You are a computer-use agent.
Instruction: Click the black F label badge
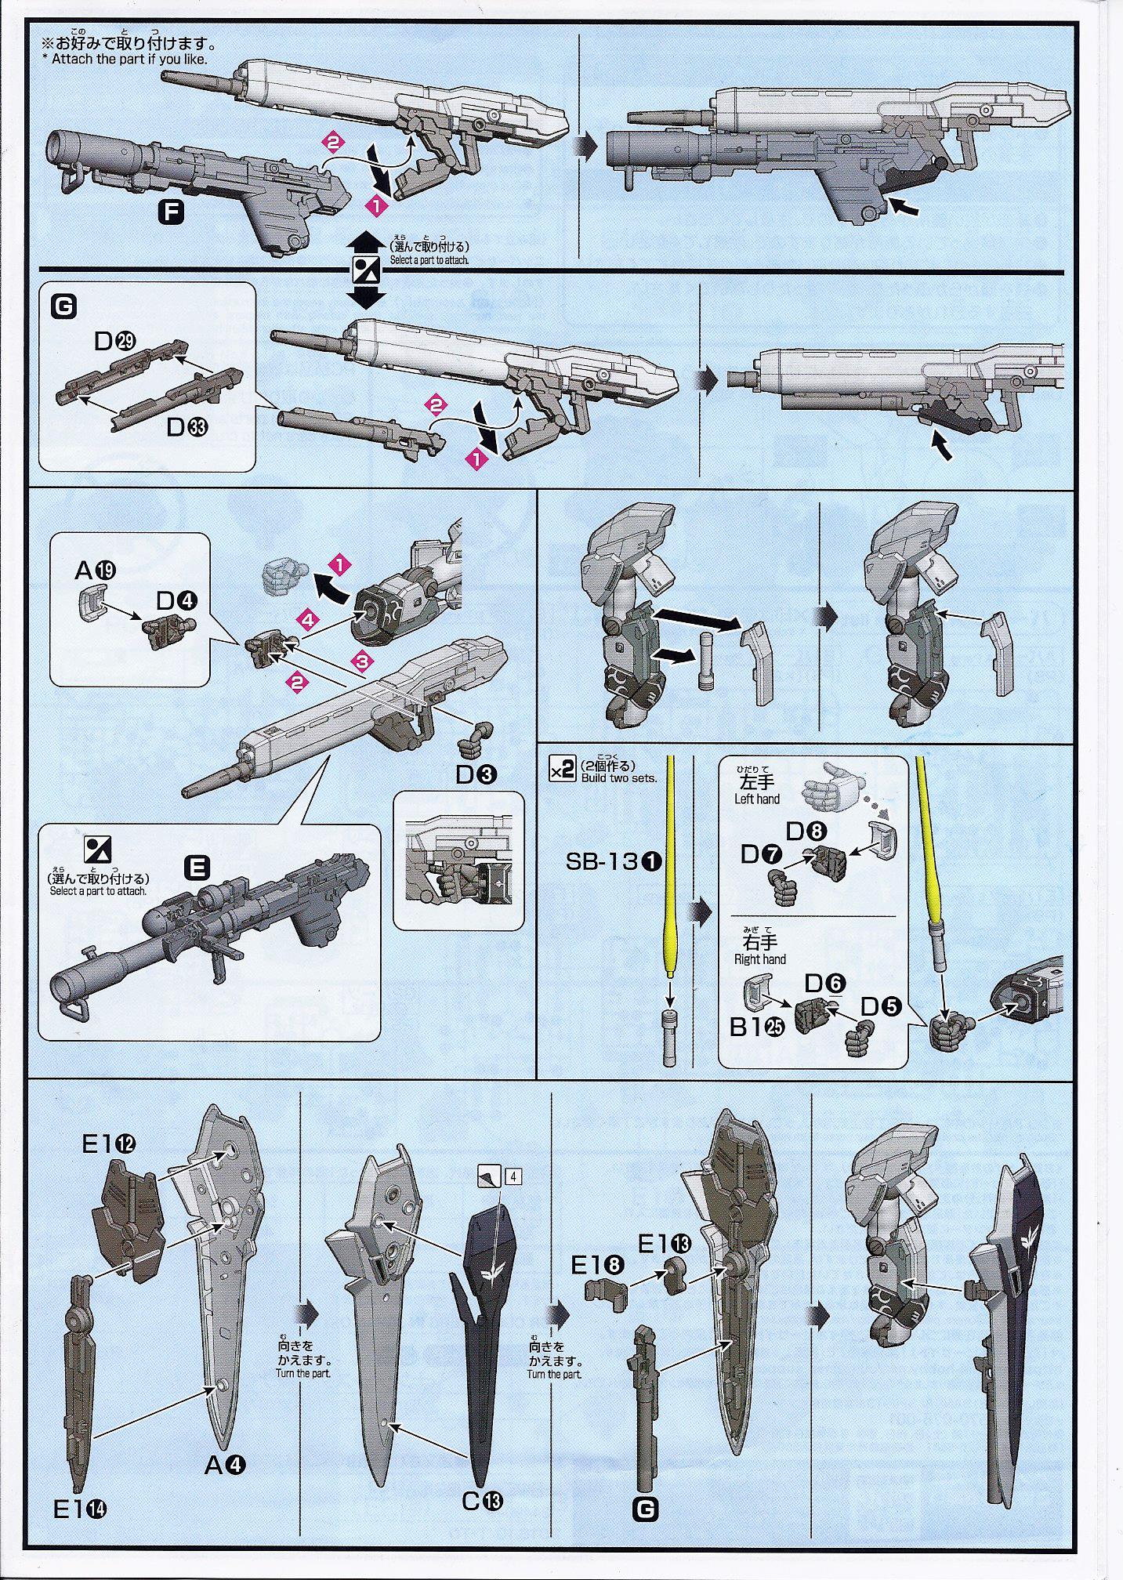(x=170, y=212)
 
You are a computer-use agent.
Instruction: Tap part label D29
(x=115, y=341)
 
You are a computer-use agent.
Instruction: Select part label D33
(x=187, y=427)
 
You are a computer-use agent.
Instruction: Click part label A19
(x=96, y=571)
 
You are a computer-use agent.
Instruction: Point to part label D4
(x=177, y=600)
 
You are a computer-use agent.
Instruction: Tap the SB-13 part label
(x=614, y=862)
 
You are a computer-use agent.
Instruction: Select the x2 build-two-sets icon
(x=563, y=770)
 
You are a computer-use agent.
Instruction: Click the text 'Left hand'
(x=757, y=799)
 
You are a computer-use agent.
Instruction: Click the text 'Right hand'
(x=759, y=959)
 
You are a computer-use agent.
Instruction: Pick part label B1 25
(x=757, y=1027)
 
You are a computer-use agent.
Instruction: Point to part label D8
(x=805, y=831)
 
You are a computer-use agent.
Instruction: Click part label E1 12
(x=109, y=1145)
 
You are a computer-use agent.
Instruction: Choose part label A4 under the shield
(x=226, y=1464)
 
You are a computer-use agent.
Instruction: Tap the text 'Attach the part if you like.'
(x=129, y=59)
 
